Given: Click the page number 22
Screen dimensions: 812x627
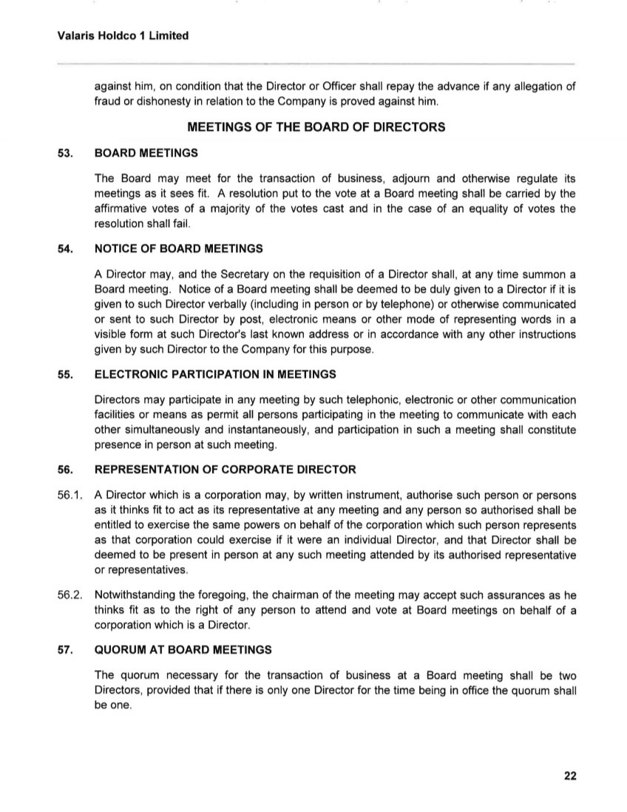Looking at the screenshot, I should pyautogui.click(x=569, y=776).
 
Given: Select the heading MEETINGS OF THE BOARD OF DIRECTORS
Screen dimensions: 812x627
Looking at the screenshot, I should pyautogui.click(x=316, y=127).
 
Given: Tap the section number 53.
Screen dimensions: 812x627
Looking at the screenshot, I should pyautogui.click(x=65, y=153).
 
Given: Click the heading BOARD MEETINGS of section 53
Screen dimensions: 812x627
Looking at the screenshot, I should pyautogui.click(x=146, y=153).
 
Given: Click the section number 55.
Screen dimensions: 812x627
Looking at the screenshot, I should pyautogui.click(x=65, y=374).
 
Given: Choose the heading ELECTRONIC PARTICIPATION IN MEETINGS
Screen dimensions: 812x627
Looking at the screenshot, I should pyautogui.click(x=216, y=374).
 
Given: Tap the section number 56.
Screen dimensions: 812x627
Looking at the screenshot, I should pyautogui.click(x=65, y=470).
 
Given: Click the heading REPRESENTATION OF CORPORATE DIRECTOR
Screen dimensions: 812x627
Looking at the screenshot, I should pyautogui.click(x=226, y=470).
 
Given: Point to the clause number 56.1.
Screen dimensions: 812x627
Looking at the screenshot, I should pyautogui.click(x=70, y=495).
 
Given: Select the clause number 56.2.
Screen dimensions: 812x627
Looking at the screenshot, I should pyautogui.click(x=70, y=596).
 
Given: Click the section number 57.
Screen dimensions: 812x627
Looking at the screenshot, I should pyautogui.click(x=65, y=650).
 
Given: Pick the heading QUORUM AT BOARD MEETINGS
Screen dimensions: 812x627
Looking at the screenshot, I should pyautogui.click(x=183, y=650).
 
